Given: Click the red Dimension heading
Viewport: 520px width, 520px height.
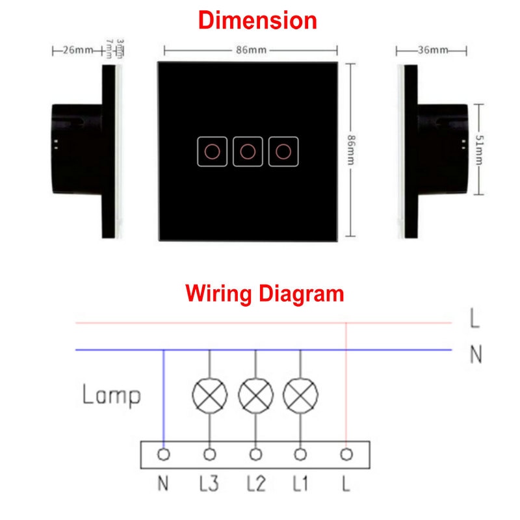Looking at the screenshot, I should pyautogui.click(x=257, y=20).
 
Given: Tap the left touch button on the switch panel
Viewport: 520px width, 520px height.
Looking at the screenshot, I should pyautogui.click(x=211, y=151).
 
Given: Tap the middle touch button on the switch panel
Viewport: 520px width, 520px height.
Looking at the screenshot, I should pyautogui.click(x=247, y=151).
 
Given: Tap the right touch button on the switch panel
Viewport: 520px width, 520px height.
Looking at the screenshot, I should pyautogui.click(x=283, y=151).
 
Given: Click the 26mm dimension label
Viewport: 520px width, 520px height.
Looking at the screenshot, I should pyautogui.click(x=77, y=50).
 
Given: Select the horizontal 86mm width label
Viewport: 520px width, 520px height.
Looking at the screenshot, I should pyautogui.click(x=250, y=49).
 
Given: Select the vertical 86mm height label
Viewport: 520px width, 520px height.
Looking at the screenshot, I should pyautogui.click(x=351, y=150).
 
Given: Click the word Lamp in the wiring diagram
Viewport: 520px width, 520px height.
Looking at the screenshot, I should pyautogui.click(x=111, y=395).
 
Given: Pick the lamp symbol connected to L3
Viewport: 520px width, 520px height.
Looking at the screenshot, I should pyautogui.click(x=210, y=394).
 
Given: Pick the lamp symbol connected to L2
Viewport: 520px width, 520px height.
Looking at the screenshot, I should pyautogui.click(x=256, y=394).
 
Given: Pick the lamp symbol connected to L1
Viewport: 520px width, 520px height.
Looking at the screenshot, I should pyautogui.click(x=300, y=394).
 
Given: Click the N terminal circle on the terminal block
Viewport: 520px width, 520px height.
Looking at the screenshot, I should pyautogui.click(x=164, y=454).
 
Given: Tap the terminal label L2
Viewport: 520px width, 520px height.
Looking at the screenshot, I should pyautogui.click(x=256, y=484).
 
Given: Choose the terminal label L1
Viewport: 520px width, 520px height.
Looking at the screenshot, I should pyautogui.click(x=300, y=484).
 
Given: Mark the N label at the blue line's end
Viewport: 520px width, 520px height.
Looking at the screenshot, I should pyautogui.click(x=476, y=355).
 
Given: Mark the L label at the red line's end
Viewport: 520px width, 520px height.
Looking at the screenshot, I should pyautogui.click(x=476, y=319).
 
